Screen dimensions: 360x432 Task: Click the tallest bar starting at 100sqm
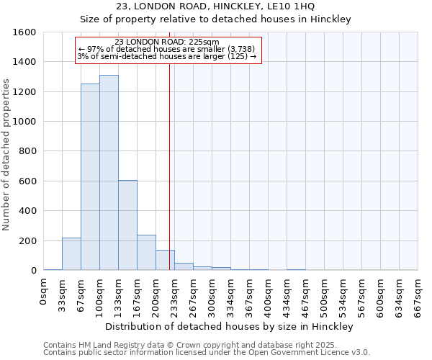click(x=109, y=173)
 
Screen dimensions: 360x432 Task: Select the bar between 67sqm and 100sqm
click(x=90, y=177)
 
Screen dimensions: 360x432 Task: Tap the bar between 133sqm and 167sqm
click(x=127, y=225)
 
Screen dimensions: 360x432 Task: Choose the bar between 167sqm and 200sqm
click(x=146, y=253)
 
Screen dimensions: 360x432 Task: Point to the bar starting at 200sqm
click(x=165, y=260)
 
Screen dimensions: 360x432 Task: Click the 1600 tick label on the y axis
click(x=25, y=32)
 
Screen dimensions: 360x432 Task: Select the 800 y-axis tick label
click(x=28, y=151)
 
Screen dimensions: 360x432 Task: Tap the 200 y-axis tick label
click(x=28, y=240)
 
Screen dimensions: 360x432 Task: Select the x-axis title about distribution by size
click(x=229, y=327)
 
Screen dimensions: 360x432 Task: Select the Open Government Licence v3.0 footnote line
click(x=207, y=353)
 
